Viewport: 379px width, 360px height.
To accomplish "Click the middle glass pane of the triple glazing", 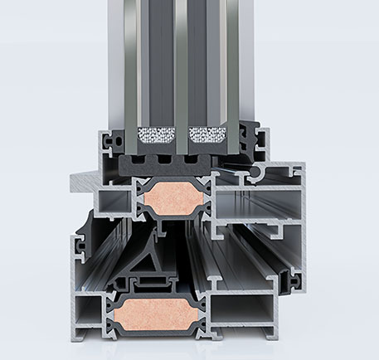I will (182, 58).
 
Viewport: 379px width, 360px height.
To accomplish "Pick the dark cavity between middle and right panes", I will (207, 58).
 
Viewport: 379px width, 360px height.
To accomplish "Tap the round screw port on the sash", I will (265, 173).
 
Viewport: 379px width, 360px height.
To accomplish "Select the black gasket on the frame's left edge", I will (81, 236).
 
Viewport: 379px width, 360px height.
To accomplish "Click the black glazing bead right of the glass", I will (249, 136).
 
